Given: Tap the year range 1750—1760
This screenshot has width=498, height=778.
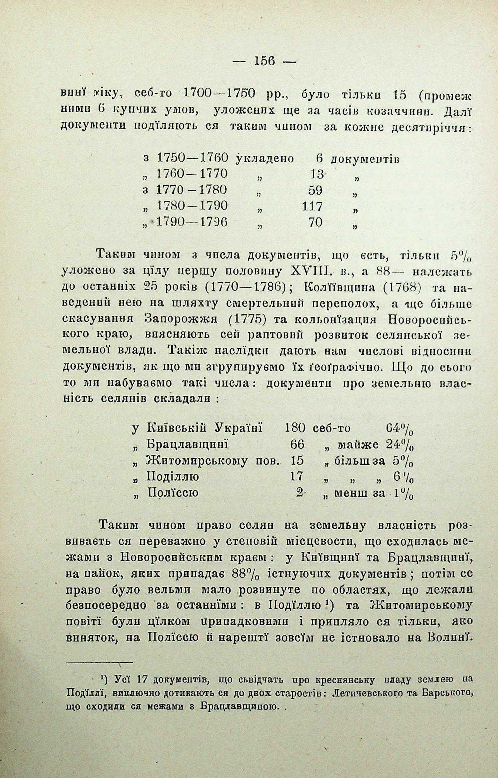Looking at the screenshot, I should coord(192,158).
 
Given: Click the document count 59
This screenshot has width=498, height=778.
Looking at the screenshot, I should coord(315,190).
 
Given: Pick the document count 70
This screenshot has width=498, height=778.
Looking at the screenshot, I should coord(316,222).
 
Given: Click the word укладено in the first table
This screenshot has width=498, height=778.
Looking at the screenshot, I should coord(265,158).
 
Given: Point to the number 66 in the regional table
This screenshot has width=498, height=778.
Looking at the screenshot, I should coord(297,445).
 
